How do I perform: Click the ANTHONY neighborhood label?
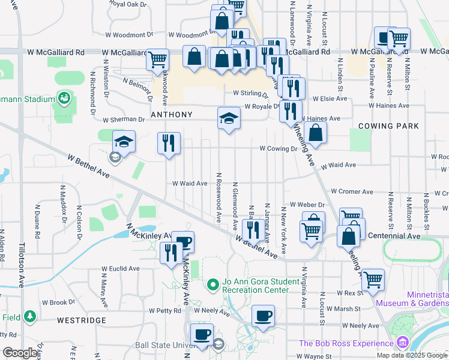(172, 115)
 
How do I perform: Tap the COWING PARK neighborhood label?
(384, 126)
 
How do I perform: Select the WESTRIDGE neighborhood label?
(82, 320)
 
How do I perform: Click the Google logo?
(20, 353)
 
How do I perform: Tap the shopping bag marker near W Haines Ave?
(315, 133)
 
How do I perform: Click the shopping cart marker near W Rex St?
(372, 279)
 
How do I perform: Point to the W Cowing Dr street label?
(279, 148)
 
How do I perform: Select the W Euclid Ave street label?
(120, 269)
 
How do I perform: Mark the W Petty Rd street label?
(166, 311)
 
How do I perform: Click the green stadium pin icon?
(64, 97)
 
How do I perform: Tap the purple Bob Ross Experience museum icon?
(402, 343)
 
